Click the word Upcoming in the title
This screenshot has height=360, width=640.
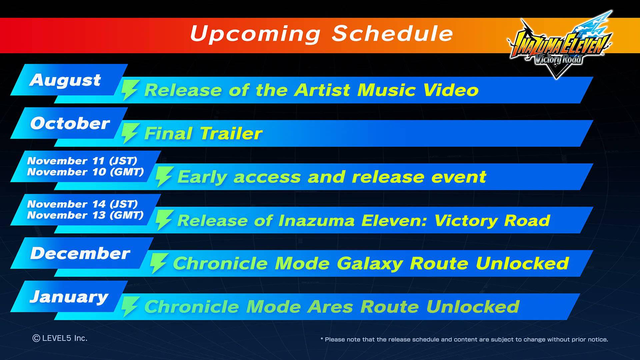click(x=255, y=34)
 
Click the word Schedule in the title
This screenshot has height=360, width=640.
click(x=392, y=33)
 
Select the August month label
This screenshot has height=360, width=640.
click(x=65, y=80)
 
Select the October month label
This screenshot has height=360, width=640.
click(x=70, y=123)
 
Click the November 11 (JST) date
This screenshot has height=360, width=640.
click(x=82, y=161)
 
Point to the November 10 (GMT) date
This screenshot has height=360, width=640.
click(x=85, y=172)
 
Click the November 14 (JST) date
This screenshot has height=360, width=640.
click(x=82, y=204)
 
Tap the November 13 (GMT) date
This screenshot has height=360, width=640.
click(x=85, y=215)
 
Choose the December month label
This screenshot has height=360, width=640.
click(x=80, y=253)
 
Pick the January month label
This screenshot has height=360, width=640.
click(x=69, y=297)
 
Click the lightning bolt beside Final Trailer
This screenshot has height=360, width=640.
click(x=129, y=133)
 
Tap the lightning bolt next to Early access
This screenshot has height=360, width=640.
click(x=164, y=177)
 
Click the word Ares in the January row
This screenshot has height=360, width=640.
click(x=330, y=307)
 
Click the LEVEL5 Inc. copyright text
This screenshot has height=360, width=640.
click(x=60, y=338)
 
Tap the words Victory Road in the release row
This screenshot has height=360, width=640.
click(x=492, y=220)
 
